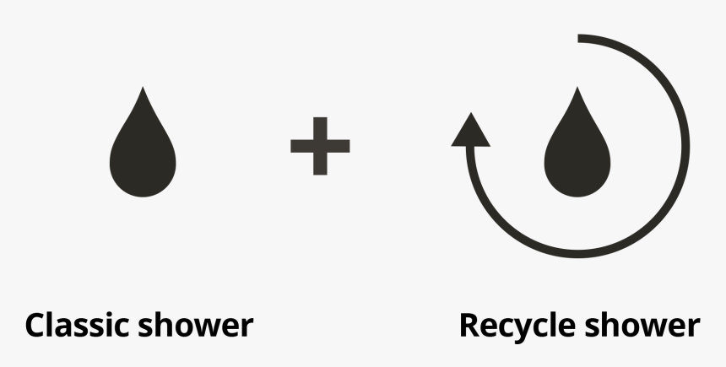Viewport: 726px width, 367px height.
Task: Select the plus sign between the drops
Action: (x=320, y=146)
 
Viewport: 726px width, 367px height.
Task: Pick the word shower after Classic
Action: (x=195, y=325)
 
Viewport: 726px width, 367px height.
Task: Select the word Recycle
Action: (x=517, y=327)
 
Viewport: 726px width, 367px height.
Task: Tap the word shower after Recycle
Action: (x=642, y=325)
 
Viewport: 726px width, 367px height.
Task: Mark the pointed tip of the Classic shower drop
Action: (x=143, y=87)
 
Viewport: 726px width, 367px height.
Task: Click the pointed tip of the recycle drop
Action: (x=577, y=87)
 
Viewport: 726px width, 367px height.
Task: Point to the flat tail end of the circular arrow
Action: (x=578, y=39)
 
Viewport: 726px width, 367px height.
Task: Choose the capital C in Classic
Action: (x=36, y=325)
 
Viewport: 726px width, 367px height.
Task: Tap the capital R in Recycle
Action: (x=470, y=325)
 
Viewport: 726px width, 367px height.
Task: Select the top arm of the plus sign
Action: (x=320, y=128)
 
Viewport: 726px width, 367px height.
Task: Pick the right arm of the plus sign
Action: (x=339, y=146)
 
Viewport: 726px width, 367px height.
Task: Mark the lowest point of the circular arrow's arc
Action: (x=578, y=254)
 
